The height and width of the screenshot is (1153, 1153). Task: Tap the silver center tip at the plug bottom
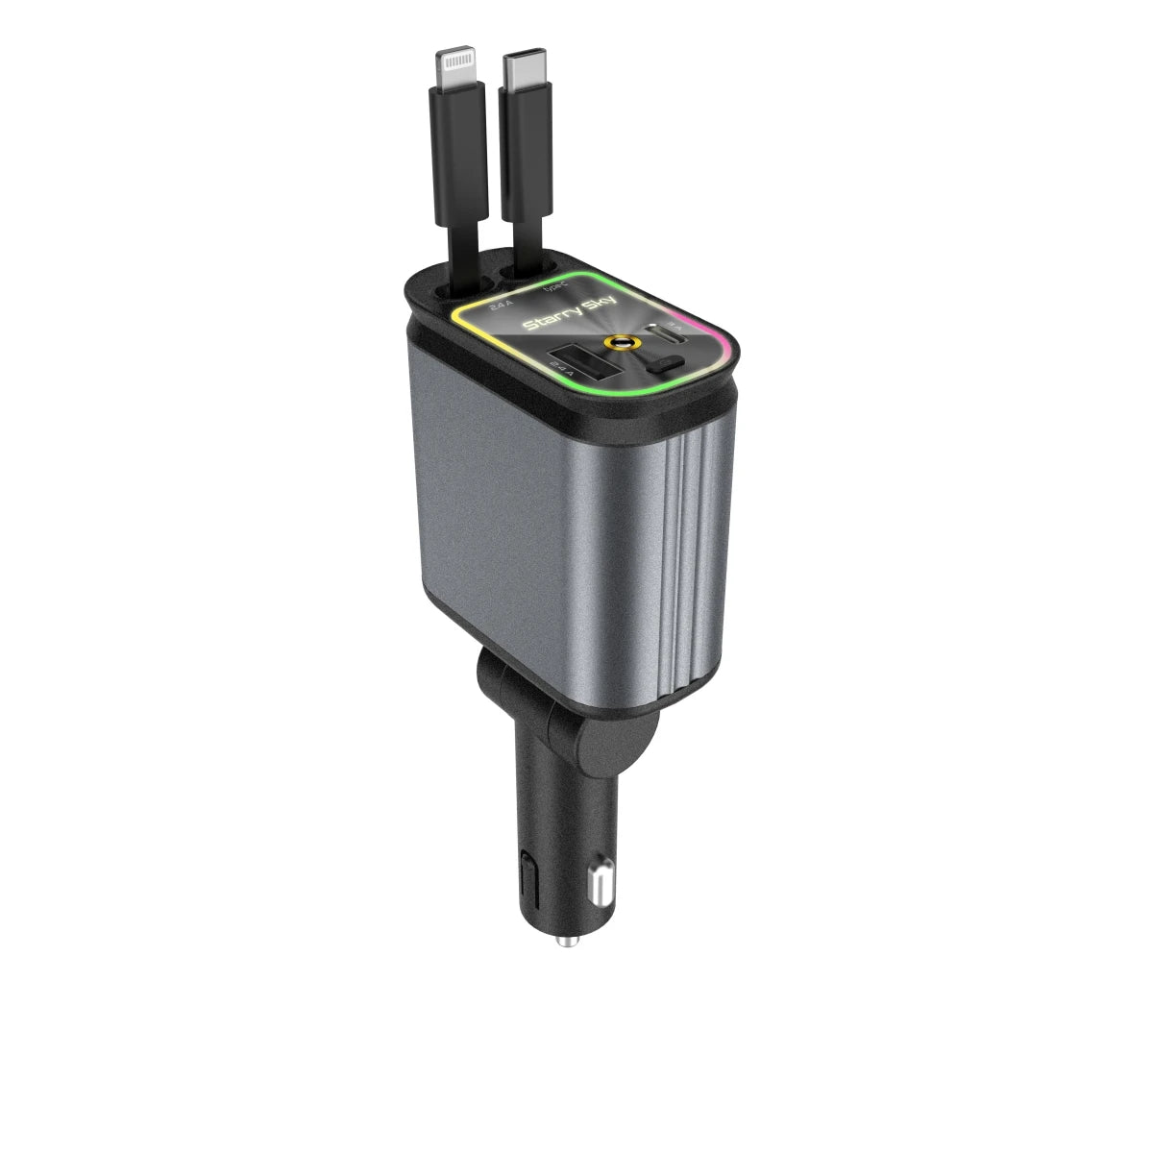coord(569,941)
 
